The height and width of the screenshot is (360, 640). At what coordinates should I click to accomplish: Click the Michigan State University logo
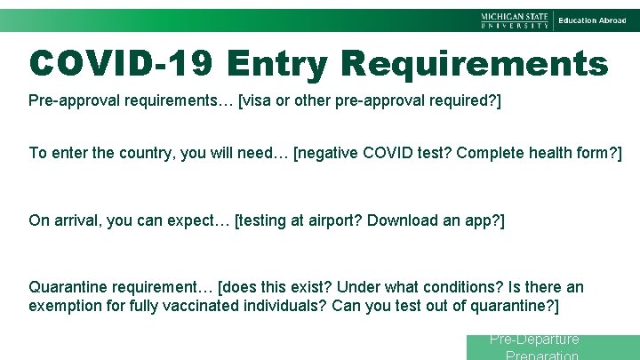click(516, 20)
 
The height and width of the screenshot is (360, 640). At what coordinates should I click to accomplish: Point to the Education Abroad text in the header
click(592, 20)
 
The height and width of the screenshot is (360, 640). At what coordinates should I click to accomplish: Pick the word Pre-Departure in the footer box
click(534, 340)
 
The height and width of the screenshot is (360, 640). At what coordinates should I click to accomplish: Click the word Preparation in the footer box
click(542, 355)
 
